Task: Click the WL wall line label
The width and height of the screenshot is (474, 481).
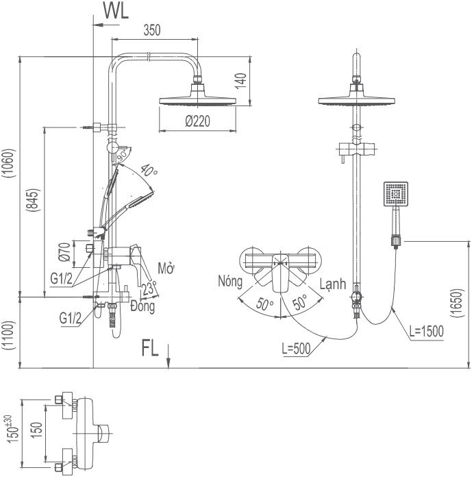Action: click(x=116, y=11)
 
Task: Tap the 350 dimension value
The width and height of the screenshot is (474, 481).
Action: click(x=152, y=30)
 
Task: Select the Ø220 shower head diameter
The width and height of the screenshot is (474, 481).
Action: click(x=198, y=121)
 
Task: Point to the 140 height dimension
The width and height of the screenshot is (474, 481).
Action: click(x=241, y=81)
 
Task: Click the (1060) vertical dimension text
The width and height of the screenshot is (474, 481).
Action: click(x=8, y=163)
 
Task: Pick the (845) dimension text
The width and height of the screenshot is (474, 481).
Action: click(x=33, y=199)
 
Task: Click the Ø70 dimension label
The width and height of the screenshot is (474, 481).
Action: click(x=64, y=252)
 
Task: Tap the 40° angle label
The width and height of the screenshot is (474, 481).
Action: click(x=149, y=171)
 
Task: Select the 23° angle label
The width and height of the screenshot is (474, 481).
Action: click(x=149, y=288)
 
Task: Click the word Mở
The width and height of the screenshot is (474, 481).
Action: click(x=166, y=268)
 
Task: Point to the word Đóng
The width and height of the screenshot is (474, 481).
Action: click(x=142, y=306)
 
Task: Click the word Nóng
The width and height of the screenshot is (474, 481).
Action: click(x=230, y=281)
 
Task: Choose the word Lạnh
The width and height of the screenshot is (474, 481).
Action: click(x=333, y=284)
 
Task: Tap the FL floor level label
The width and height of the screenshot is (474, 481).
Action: click(x=150, y=348)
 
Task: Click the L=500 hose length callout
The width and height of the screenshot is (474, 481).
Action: click(x=296, y=349)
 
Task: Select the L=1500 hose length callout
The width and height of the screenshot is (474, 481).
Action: click(x=427, y=332)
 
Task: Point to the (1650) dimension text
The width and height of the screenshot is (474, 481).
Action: click(x=456, y=302)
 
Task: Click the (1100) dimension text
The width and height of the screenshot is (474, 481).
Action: click(x=8, y=336)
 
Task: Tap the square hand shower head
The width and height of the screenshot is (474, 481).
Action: click(x=396, y=194)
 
